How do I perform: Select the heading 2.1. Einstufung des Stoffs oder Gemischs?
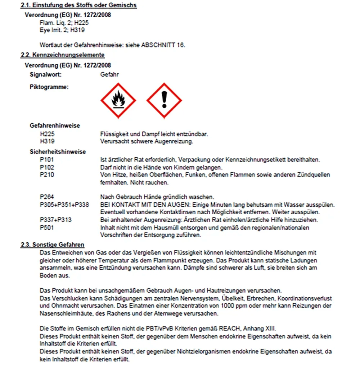click(x=79, y=5)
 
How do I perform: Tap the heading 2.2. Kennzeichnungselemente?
click(x=63, y=55)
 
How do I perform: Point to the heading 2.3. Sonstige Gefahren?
click(x=53, y=245)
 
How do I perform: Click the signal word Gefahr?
click(x=109, y=74)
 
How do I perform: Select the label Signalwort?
click(x=46, y=74)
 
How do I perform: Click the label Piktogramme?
click(x=49, y=87)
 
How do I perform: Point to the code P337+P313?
click(x=55, y=220)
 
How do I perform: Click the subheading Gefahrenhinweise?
click(x=55, y=126)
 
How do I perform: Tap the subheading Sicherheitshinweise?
click(x=58, y=152)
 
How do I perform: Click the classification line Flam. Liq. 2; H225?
click(x=64, y=23)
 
